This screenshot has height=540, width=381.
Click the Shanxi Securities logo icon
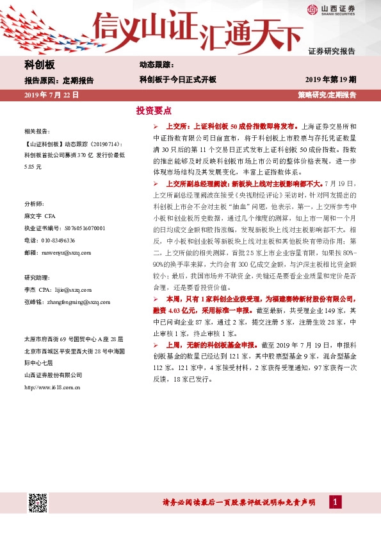(312, 9)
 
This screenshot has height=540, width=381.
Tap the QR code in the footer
(38, 502)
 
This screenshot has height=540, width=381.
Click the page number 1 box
(335, 502)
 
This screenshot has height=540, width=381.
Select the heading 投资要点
(154, 111)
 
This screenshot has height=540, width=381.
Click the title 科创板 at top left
(40, 65)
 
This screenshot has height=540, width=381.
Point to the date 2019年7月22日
(51, 94)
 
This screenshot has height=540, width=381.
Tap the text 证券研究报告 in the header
(332, 51)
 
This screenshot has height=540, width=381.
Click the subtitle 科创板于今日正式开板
(178, 80)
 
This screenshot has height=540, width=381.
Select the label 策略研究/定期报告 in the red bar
(327, 94)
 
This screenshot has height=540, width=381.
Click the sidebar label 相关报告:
(36, 130)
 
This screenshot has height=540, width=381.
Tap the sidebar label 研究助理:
(37, 278)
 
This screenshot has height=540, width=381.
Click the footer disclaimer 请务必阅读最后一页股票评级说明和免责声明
(239, 502)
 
